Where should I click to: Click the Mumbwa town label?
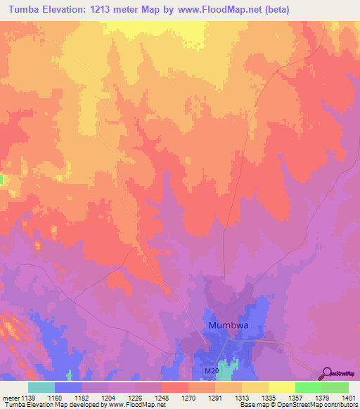[230, 326]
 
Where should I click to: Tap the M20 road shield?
[212, 370]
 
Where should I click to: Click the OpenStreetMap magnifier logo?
[326, 373]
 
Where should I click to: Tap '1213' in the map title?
[108, 8]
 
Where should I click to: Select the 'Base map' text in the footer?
[252, 405]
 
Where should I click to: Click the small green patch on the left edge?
[1, 180]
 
